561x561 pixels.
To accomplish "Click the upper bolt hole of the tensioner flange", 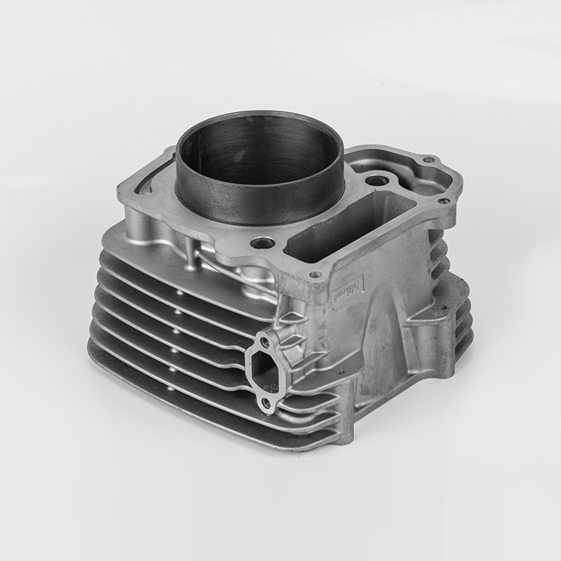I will coord(264,342).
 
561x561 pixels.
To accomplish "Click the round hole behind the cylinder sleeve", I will coord(377,181).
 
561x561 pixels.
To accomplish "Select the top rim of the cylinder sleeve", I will coord(259,116).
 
